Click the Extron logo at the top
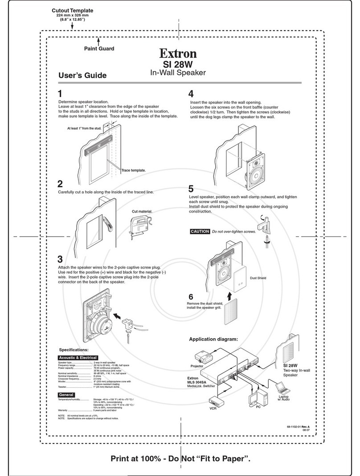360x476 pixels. pyautogui.click(x=178, y=54)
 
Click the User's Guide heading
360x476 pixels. pyautogui.click(x=82, y=75)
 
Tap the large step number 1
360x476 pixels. pyautogui.click(x=61, y=94)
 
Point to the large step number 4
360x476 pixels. pyautogui.click(x=191, y=94)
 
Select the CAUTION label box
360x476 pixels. pyautogui.click(x=200, y=231)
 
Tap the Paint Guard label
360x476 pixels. pyautogui.click(x=99, y=49)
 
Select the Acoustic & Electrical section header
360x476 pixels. pyautogui.click(x=78, y=357)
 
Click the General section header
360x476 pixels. pyautogui.click(x=67, y=395)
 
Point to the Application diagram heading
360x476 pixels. pyautogui.click(x=213, y=339)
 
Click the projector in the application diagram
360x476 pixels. pyautogui.click(x=205, y=357)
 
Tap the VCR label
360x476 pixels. pyautogui.click(x=213, y=408)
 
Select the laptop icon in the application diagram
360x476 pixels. pyautogui.click(x=282, y=387)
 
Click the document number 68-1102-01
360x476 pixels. pyautogui.click(x=295, y=427)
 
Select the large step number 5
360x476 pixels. pyautogui.click(x=191, y=189)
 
